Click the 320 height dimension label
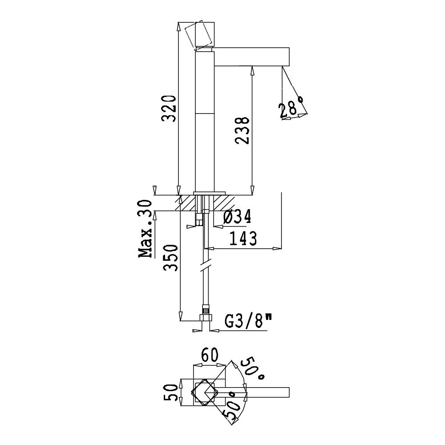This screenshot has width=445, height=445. tap(170, 109)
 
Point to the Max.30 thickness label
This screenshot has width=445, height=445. tap(145, 229)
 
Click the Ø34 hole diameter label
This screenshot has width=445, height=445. tap(237, 218)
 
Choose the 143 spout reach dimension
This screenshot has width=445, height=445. tap(243, 239)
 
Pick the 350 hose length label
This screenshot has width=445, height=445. tap(171, 258)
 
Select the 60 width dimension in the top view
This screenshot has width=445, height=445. tap(210, 355)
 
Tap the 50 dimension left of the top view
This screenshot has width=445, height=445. tap(171, 393)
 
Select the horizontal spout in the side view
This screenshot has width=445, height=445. tap(251, 57)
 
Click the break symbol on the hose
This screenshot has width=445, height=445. tap(205, 265)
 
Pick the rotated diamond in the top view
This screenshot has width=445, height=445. tap(205, 393)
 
